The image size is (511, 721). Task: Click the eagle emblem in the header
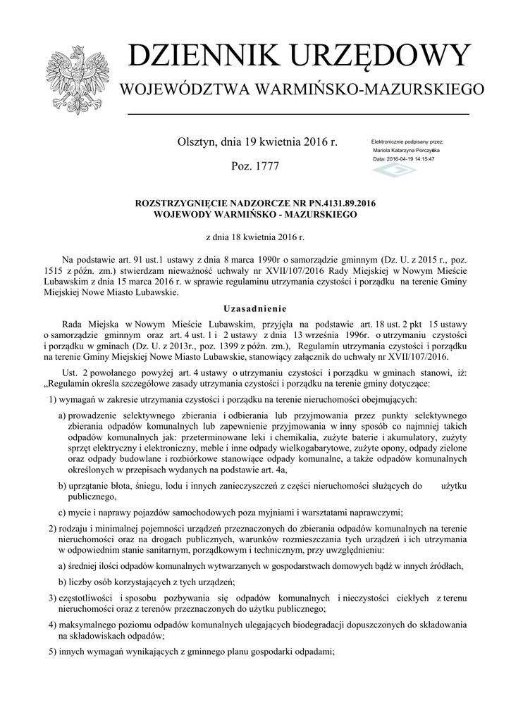[73, 80]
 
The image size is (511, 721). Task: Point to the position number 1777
[265, 166]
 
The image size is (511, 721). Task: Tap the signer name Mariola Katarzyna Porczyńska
[406, 151]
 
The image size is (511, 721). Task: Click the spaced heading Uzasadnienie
[255, 308]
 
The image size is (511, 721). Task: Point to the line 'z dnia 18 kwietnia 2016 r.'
[254, 237]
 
